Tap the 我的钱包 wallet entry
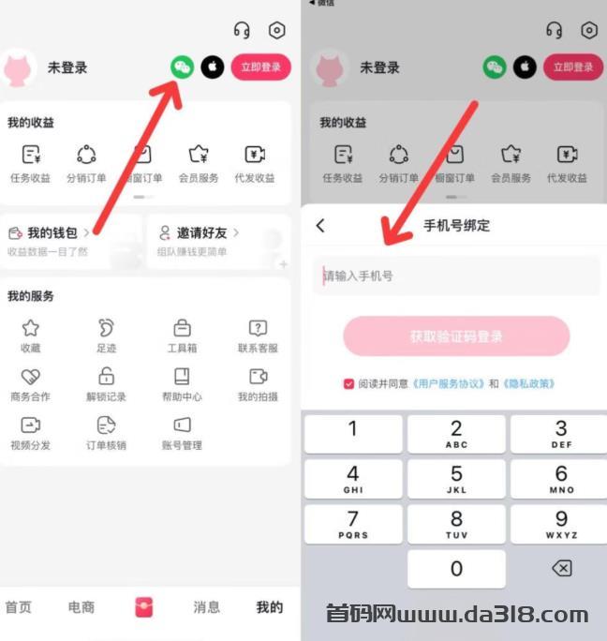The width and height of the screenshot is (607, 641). (x=52, y=232)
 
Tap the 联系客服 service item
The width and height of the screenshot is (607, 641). (x=258, y=335)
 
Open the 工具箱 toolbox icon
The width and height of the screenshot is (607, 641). (x=182, y=328)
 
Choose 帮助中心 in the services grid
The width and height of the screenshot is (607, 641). (x=182, y=382)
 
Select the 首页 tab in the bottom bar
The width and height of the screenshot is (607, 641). (x=19, y=607)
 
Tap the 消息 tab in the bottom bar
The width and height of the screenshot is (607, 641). (x=206, y=607)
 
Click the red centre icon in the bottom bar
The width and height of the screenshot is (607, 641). (x=143, y=606)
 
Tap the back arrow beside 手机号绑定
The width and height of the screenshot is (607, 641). (x=321, y=226)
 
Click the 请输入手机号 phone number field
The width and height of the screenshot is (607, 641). (x=456, y=276)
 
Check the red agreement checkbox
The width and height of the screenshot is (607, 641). (x=349, y=383)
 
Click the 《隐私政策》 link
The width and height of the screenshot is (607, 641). (x=529, y=383)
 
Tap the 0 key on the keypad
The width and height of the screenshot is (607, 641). (x=456, y=569)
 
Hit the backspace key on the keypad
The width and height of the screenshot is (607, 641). (x=561, y=569)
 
